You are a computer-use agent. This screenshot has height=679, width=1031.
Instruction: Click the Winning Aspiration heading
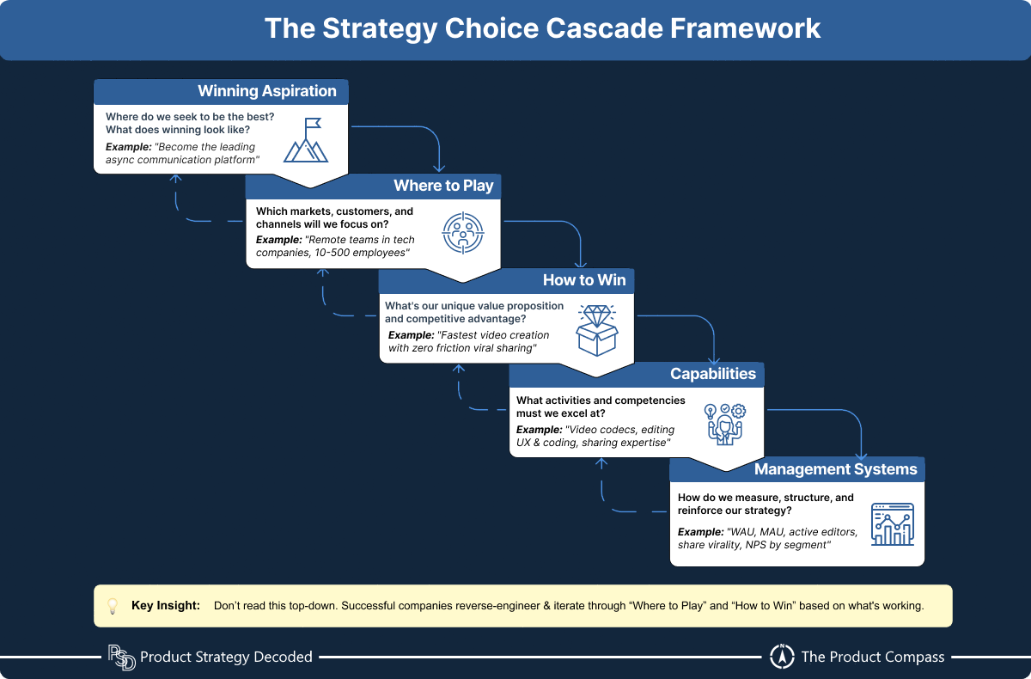[266, 91]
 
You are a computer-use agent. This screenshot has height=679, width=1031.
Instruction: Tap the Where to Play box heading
[443, 186]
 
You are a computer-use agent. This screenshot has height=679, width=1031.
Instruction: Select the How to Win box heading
[584, 280]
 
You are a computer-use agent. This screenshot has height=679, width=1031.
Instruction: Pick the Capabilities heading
[713, 374]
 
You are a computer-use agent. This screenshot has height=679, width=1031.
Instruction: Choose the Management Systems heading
[835, 469]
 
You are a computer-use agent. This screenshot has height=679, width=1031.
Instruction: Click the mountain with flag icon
[307, 139]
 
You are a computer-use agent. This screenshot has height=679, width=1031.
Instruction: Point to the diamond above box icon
[597, 329]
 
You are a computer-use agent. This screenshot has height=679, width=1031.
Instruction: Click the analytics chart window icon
[892, 523]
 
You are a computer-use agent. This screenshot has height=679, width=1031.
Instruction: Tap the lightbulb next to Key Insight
[112, 606]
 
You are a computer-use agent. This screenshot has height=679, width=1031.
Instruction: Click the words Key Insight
[166, 606]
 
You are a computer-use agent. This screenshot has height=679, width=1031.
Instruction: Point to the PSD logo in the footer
[121, 658]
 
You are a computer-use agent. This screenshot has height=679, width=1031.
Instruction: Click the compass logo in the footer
[781, 657]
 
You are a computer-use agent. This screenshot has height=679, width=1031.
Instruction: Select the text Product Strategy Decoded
[226, 658]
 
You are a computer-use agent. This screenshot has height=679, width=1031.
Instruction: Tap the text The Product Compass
[872, 658]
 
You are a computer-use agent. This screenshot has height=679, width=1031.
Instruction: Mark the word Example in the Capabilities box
[538, 430]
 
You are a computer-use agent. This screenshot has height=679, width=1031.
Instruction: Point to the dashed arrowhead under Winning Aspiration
[176, 179]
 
